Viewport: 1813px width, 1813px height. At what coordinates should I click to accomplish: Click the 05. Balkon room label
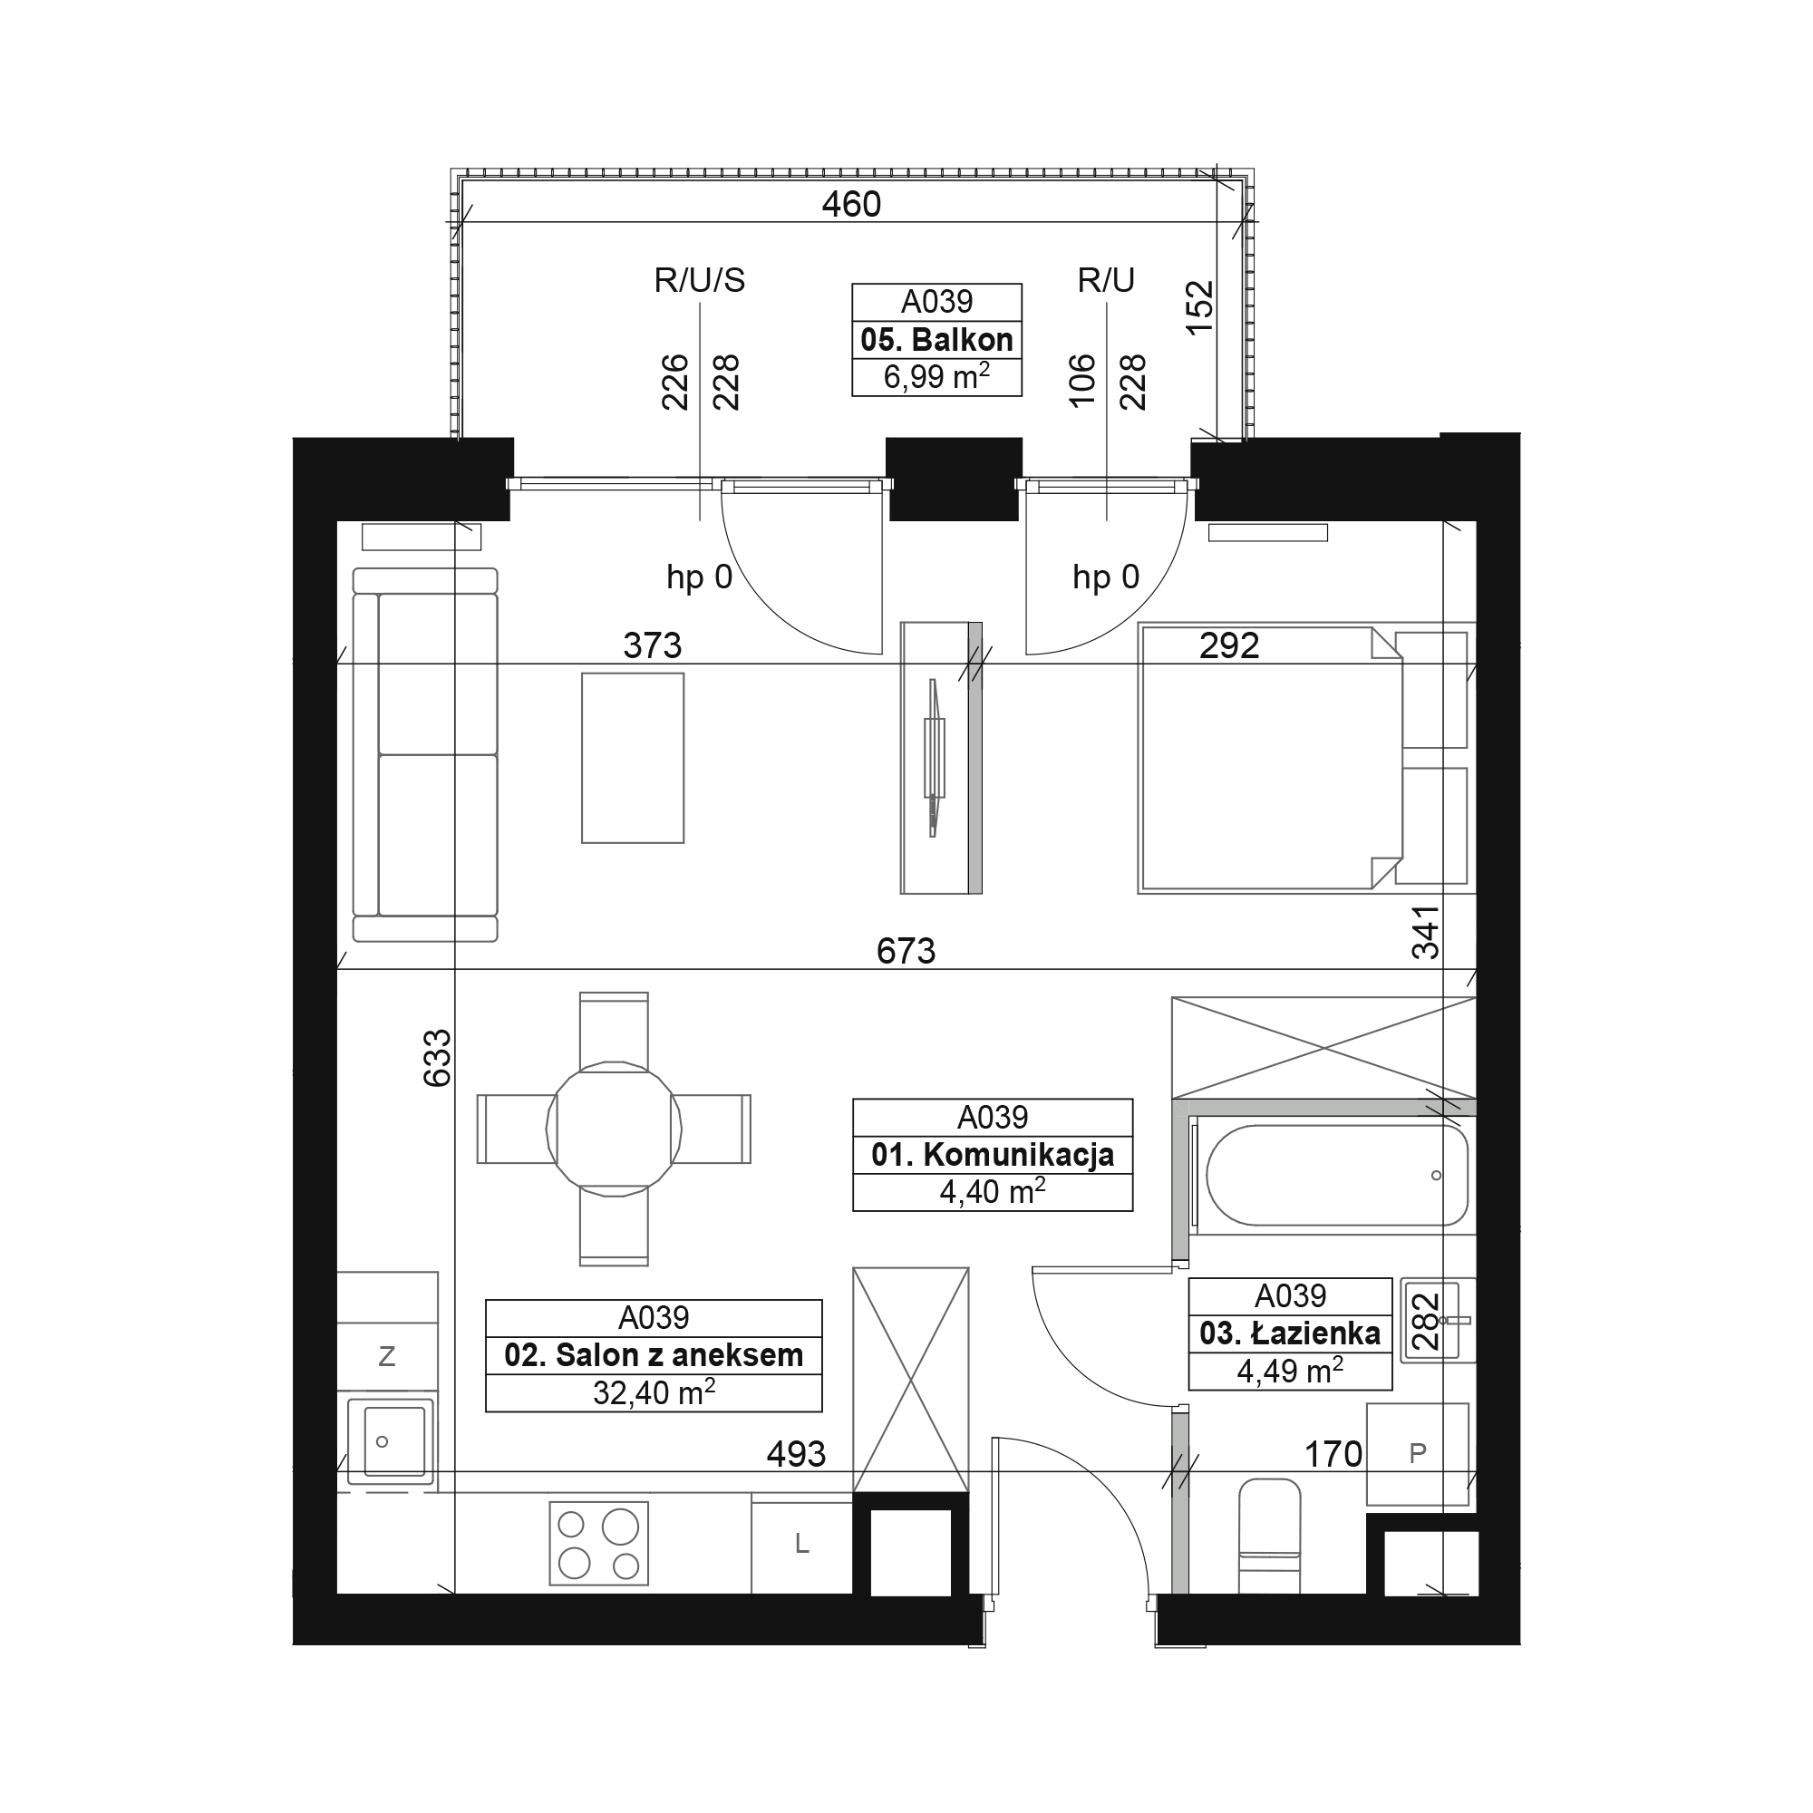point(936,339)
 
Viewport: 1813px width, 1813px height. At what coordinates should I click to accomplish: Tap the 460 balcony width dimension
point(851,204)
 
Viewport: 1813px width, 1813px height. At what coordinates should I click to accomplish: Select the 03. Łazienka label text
point(1289,1333)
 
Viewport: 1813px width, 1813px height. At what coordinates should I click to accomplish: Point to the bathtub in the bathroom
point(1336,1175)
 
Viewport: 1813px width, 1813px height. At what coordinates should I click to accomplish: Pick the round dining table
point(614,1128)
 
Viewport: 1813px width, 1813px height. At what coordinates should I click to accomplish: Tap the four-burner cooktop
point(598,1544)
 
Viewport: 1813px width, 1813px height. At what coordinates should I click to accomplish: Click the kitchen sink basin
point(391,1441)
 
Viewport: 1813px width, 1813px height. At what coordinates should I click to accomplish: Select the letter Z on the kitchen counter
point(387,1356)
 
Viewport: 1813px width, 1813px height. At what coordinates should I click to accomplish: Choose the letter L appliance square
point(802,1544)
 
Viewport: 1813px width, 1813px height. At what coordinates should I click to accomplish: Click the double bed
point(1272,758)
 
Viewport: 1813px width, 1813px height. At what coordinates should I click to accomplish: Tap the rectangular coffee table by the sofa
point(633,757)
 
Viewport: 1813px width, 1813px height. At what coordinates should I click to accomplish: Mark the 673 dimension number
point(906,951)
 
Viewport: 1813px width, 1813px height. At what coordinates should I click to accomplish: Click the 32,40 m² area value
point(654,1392)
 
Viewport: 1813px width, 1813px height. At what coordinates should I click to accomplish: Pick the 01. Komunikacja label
point(993,1154)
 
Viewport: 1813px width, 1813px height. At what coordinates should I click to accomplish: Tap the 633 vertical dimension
point(437,1059)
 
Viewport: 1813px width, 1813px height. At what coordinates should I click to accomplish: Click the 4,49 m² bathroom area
point(1289,1371)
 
